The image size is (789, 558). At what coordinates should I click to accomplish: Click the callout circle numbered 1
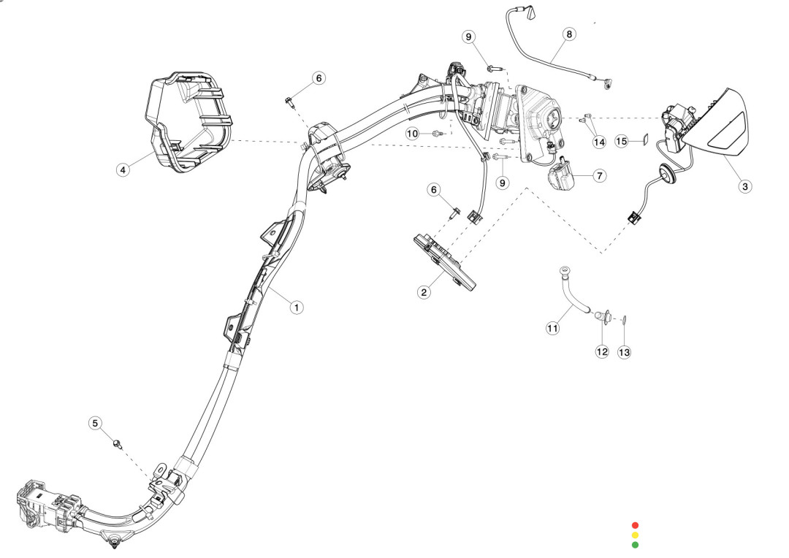click(x=296, y=307)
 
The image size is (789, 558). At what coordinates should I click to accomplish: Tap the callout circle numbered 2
click(x=424, y=292)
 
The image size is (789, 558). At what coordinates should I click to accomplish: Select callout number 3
click(x=744, y=186)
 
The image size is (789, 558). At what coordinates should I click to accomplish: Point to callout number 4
click(x=123, y=169)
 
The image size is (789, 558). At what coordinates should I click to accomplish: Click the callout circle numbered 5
click(x=96, y=423)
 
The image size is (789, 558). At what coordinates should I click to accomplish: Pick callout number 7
click(x=599, y=176)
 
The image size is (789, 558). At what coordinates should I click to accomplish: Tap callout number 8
click(x=569, y=34)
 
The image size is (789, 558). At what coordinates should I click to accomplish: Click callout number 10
click(x=413, y=134)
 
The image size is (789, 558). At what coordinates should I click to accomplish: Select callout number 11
click(x=552, y=329)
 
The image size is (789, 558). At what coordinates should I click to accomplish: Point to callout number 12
click(x=602, y=351)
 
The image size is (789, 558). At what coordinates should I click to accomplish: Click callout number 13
click(x=624, y=352)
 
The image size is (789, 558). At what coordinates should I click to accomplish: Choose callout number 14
click(x=599, y=142)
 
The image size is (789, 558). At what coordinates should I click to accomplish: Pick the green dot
click(x=635, y=544)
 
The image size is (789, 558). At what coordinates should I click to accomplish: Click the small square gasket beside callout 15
click(x=644, y=139)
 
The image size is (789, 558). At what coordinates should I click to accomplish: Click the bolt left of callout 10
click(x=437, y=134)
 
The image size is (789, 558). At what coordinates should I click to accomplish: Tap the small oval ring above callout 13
click(x=625, y=318)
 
